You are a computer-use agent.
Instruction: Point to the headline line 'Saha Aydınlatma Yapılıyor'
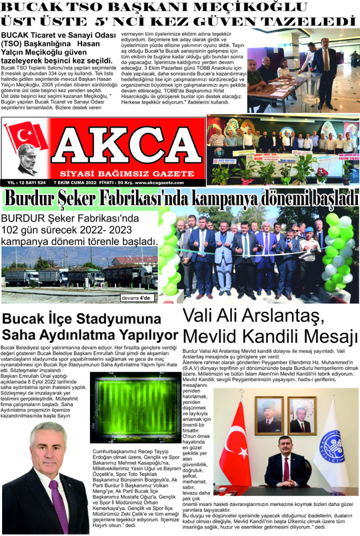point(90,335)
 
